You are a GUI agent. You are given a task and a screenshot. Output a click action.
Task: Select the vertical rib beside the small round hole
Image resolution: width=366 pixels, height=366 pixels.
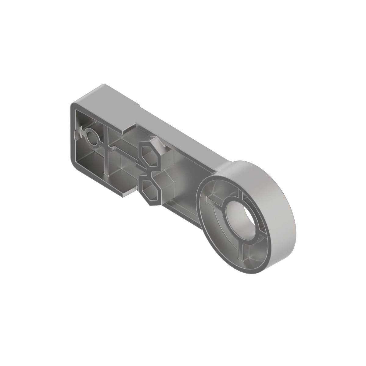(x=105, y=149)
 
